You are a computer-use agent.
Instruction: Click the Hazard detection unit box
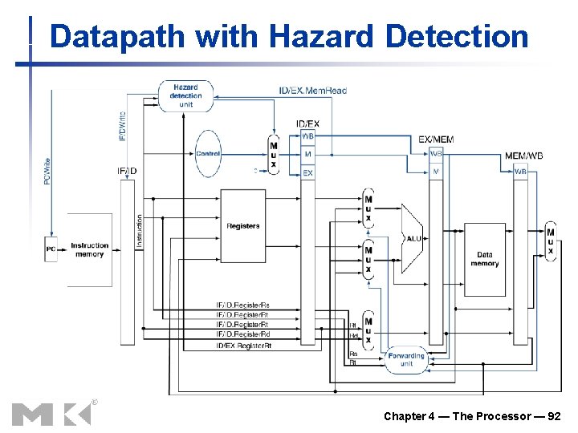[185, 95]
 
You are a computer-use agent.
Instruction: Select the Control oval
[208, 153]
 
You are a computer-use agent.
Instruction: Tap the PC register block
[51, 249]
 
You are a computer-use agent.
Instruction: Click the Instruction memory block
[89, 249]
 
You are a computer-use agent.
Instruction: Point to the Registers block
[242, 226]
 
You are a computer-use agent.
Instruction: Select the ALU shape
[412, 237]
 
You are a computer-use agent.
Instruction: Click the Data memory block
[484, 259]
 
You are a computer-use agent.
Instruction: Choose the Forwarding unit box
[406, 358]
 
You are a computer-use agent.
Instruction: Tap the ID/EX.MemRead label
[313, 91]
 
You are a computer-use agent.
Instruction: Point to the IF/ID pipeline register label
[127, 170]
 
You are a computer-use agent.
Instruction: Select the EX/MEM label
[436, 140]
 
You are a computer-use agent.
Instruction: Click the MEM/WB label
[523, 156]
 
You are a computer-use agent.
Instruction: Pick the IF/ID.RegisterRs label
[242, 305]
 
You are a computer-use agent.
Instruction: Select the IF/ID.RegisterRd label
[242, 334]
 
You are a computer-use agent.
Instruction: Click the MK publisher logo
[52, 413]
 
